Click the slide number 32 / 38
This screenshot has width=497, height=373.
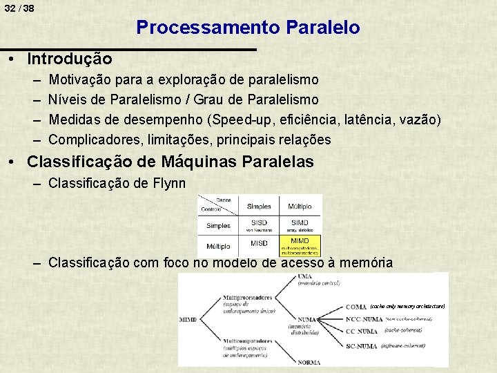pos(19,8)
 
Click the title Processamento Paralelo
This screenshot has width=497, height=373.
pos(248,28)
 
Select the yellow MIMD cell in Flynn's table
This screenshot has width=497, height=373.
pos(300,245)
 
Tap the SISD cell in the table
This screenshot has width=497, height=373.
pos(259,225)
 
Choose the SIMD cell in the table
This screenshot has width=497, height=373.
pos(300,225)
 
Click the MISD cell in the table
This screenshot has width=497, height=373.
pos(259,244)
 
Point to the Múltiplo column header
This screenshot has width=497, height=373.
pos(300,206)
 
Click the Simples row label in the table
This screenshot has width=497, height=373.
pos(218,226)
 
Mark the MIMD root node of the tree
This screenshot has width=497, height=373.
pos(188,320)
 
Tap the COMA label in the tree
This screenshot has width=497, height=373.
pos(356,306)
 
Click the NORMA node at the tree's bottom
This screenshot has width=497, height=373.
pos(311,361)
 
